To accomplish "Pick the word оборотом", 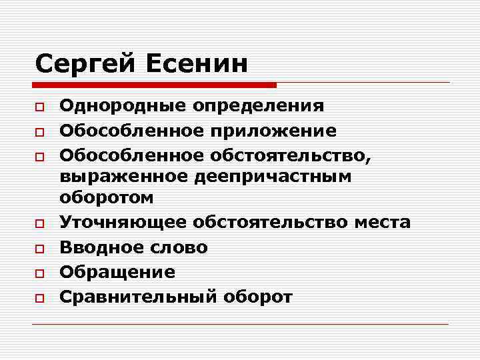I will pos(107,198).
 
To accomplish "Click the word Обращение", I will pos(117,272).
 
